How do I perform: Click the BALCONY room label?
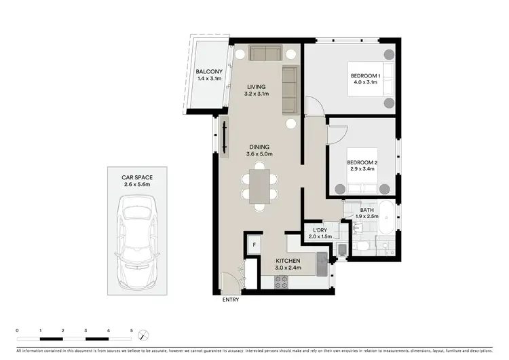(x=206, y=75)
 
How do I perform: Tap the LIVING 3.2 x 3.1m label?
(x=256, y=90)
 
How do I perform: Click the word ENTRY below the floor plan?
(x=231, y=300)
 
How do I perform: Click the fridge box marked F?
(x=254, y=245)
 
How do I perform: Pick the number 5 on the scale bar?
(x=131, y=329)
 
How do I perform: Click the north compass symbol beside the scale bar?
(x=143, y=335)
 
